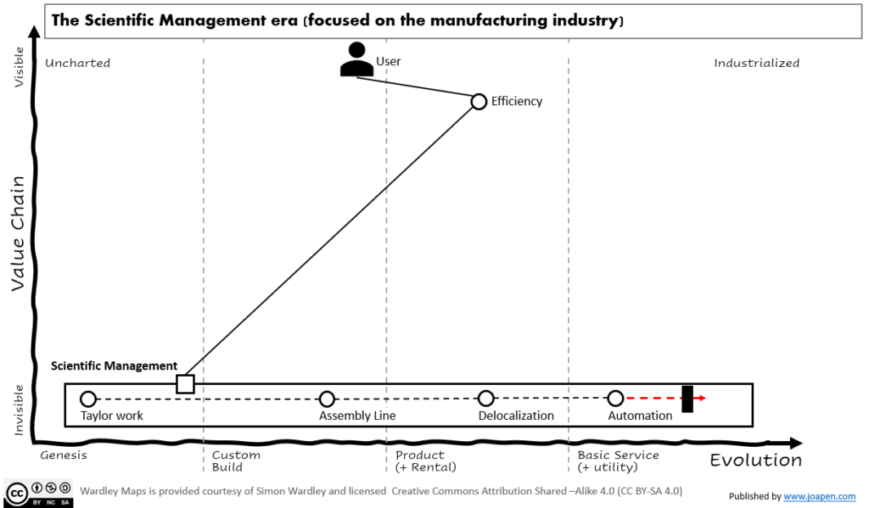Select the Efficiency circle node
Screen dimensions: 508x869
coord(479,102)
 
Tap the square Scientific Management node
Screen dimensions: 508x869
coord(185,384)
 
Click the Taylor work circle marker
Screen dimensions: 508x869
coord(87,399)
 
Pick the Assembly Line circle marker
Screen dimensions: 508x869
coord(327,399)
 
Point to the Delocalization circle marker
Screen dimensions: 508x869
coord(485,399)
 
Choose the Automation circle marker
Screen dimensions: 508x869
coord(616,398)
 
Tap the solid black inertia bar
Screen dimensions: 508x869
coord(687,399)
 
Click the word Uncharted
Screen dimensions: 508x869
coord(77,63)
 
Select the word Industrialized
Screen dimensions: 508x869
coord(756,63)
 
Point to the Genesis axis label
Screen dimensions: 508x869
coord(64,455)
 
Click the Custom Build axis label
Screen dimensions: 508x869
coord(236,461)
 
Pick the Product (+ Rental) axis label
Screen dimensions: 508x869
coord(426,461)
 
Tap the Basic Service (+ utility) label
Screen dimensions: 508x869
coord(618,461)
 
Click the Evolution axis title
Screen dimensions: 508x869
coord(755,461)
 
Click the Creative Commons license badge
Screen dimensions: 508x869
coord(39,493)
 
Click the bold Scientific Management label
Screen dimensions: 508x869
coord(114,366)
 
